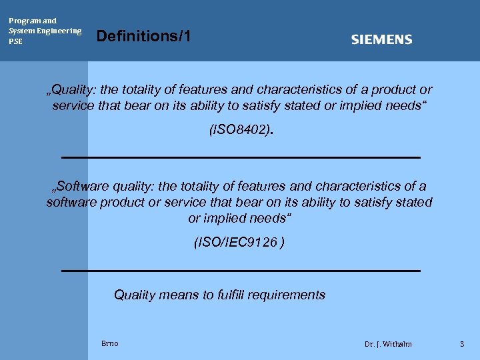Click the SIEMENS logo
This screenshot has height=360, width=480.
coord(381,40)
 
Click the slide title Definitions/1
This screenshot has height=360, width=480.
coord(144,36)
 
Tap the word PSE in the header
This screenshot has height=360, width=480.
coord(15,41)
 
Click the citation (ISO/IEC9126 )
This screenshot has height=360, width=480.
coord(239,243)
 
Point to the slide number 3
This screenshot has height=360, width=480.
coord(461,343)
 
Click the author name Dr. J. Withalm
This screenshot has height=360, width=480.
coord(388,344)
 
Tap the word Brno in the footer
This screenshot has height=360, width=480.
coord(110,343)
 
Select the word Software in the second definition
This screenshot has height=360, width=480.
coord(79,186)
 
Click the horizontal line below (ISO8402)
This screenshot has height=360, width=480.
coord(240,157)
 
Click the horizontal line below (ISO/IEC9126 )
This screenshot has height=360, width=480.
coord(240,271)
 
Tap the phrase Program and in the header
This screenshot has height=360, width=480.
coord(33,21)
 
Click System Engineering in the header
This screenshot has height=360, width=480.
coord(45,31)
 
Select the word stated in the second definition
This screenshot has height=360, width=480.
coord(415,202)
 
